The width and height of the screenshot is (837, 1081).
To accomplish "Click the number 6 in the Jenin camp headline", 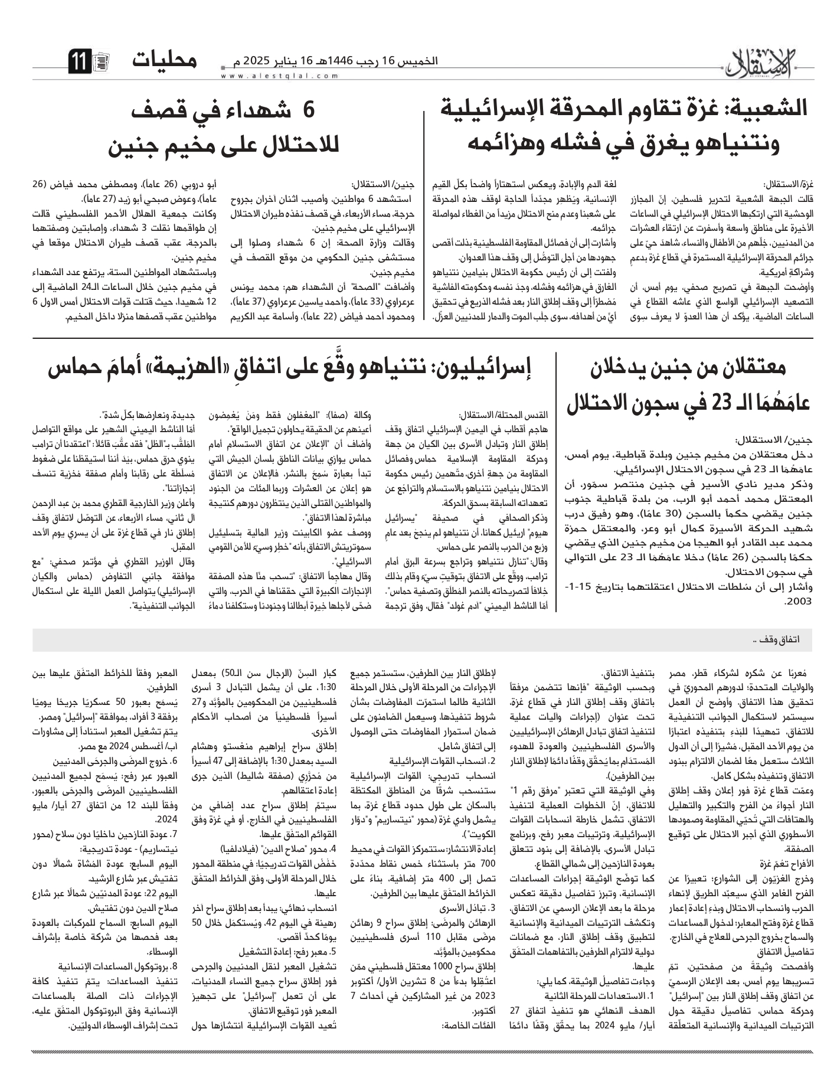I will click(308, 110).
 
